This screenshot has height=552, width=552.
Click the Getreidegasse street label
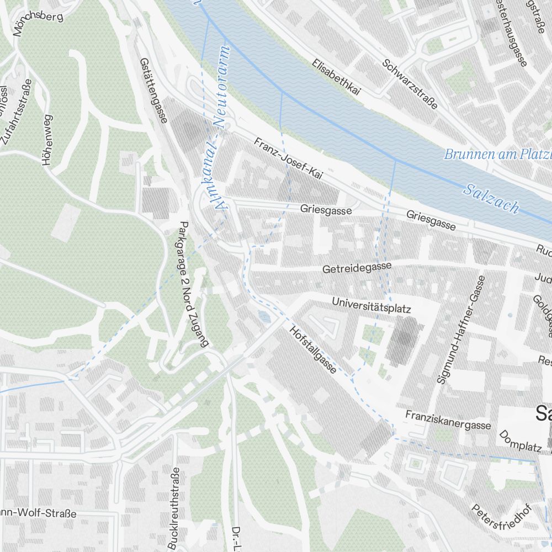point(357,268)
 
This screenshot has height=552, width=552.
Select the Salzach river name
point(491,198)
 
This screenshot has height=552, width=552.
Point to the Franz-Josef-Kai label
point(288,159)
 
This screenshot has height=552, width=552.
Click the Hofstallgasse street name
point(312,349)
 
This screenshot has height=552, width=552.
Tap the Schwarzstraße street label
point(410,82)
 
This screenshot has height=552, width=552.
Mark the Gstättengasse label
point(153,91)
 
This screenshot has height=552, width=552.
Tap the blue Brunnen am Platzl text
point(497,153)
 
